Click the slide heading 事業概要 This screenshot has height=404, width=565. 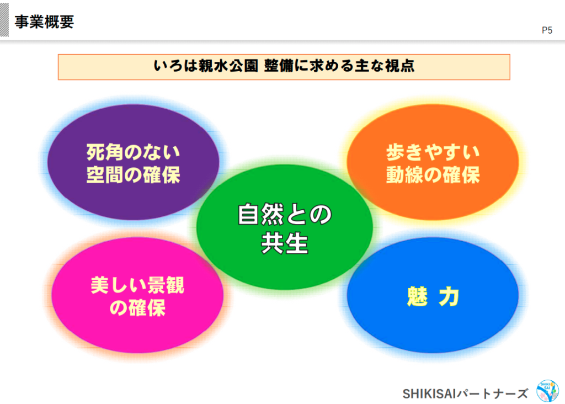44,22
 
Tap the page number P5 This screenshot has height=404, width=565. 547,30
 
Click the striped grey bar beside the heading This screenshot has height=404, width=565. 4,20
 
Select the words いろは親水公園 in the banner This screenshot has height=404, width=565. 206,66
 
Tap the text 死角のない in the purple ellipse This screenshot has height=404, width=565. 134,152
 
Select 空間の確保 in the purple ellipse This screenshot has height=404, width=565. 134,175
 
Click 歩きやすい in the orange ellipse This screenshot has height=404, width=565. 433,152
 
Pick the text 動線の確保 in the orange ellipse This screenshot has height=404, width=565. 433,175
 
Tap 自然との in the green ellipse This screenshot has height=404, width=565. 285,215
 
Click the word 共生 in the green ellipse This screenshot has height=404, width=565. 285,243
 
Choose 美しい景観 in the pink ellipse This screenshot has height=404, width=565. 137,285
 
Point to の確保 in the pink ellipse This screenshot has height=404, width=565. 137,308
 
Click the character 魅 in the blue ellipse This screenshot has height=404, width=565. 417,296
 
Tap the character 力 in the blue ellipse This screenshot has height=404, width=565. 449,296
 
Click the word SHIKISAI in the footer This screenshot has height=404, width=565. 429,394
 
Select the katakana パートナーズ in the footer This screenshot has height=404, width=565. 492,394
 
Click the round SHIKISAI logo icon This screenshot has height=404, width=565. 547,391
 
